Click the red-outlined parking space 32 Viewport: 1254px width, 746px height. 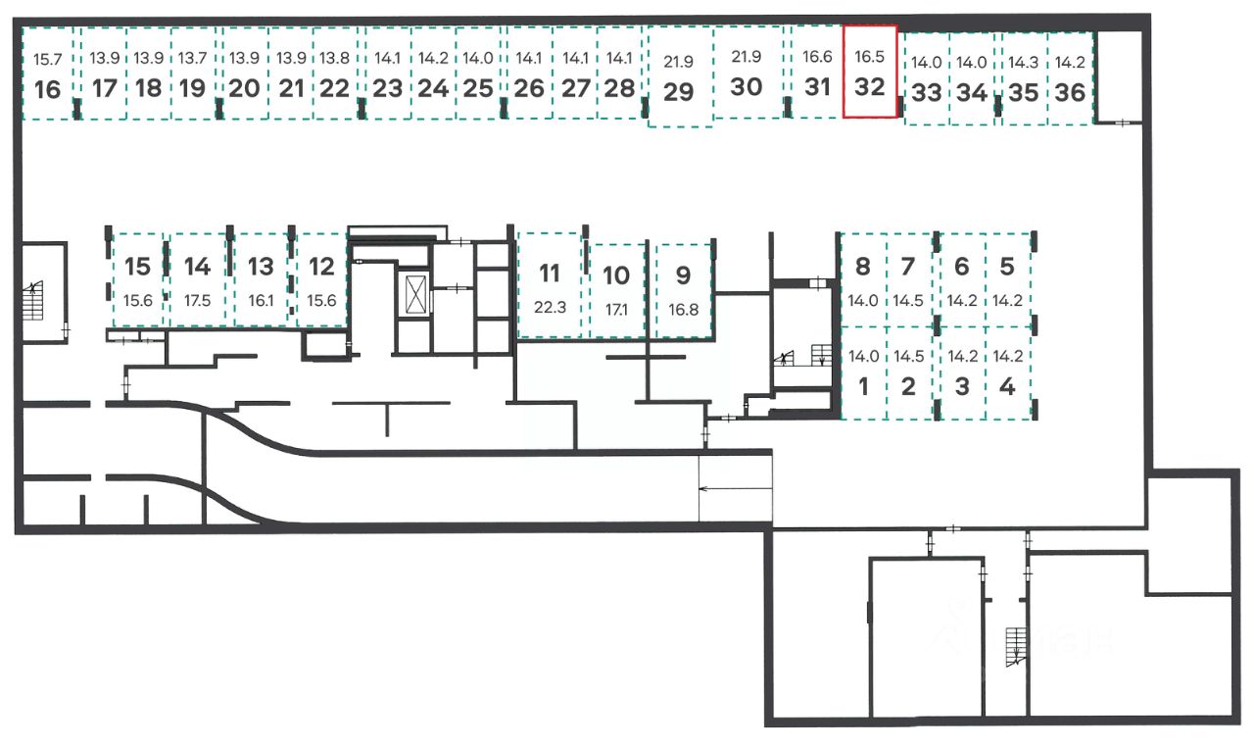870,72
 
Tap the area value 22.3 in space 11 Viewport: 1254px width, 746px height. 550,307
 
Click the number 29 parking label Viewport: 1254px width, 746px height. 679,92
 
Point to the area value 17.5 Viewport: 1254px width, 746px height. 197,301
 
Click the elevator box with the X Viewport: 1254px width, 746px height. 415,294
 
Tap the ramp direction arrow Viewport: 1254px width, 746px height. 736,489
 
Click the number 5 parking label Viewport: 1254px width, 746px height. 1007,267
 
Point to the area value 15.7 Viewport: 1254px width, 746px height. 48,59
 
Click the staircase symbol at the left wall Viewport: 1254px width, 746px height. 33,301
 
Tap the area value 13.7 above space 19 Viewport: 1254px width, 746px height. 193,58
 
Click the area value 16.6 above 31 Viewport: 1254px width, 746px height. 817,57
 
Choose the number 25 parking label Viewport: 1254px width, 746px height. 478,88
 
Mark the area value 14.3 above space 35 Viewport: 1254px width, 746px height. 1024,62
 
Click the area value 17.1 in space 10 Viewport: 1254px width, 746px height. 616,309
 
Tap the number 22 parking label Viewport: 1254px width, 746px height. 335,88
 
